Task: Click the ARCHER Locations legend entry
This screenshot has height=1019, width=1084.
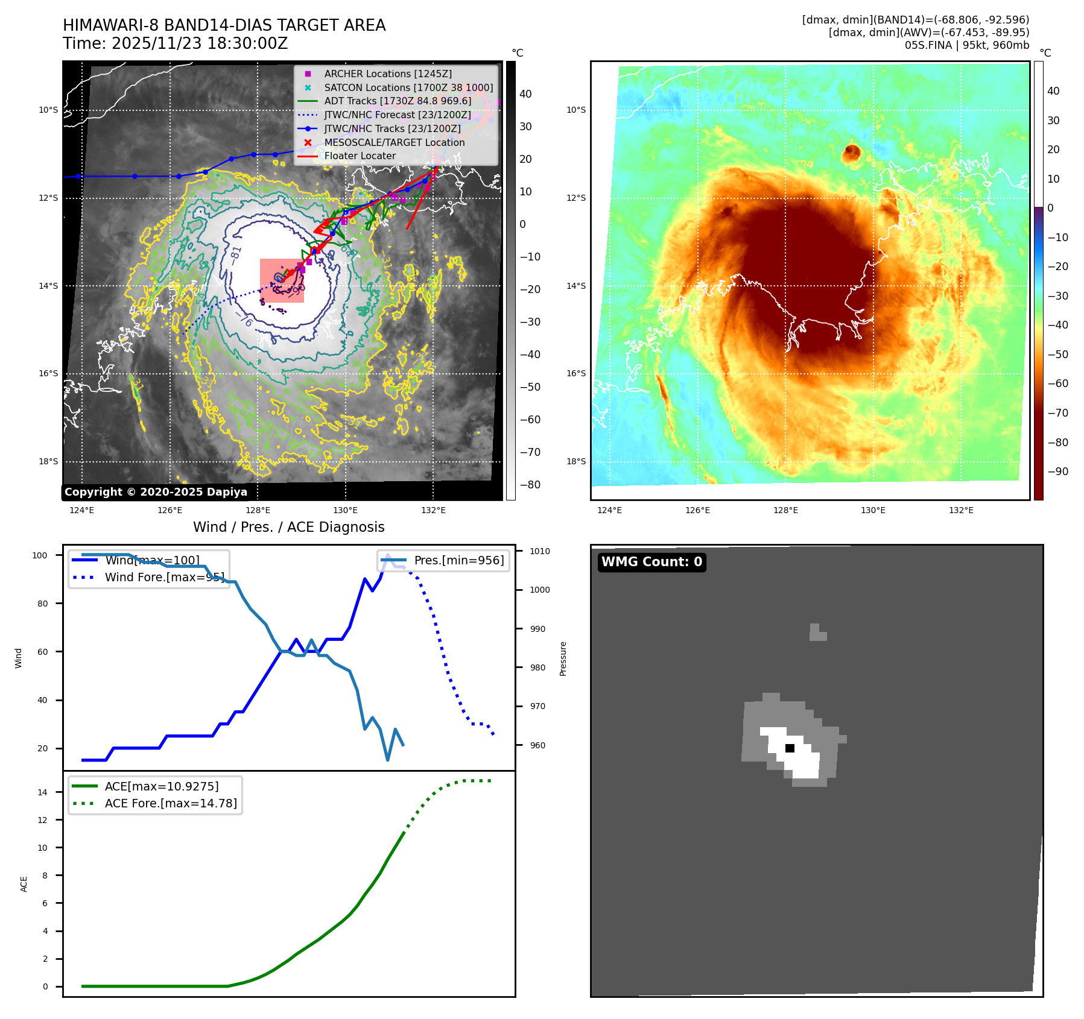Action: click(387, 74)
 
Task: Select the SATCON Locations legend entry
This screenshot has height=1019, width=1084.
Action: click(408, 87)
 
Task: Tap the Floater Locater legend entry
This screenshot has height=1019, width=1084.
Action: click(360, 156)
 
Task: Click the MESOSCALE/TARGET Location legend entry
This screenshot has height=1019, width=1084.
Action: click(394, 142)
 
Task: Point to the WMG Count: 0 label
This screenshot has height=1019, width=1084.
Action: click(651, 562)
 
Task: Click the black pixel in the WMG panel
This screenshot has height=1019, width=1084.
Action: click(790, 748)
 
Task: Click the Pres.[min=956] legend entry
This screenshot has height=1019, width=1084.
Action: click(458, 560)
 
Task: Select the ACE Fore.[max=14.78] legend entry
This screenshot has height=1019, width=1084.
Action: click(171, 803)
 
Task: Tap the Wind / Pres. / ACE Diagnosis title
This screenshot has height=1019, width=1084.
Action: click(288, 527)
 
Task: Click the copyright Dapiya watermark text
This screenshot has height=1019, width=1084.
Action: click(156, 492)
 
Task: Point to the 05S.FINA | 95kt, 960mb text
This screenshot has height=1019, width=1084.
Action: click(966, 45)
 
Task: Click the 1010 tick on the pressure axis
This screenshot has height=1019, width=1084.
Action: click(539, 551)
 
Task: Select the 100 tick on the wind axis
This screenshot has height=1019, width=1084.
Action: click(40, 555)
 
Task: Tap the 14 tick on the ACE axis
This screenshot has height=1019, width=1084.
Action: click(43, 792)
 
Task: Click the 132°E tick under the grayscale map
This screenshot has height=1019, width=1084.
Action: click(433, 510)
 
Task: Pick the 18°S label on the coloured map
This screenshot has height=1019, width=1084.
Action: click(576, 462)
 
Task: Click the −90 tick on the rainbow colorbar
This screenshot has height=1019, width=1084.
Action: click(1057, 472)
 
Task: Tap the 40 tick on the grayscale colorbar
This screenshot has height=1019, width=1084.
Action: click(525, 94)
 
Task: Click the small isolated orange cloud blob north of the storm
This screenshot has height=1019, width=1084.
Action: click(851, 153)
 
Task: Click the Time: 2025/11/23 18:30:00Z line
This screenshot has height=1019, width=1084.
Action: click(175, 44)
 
